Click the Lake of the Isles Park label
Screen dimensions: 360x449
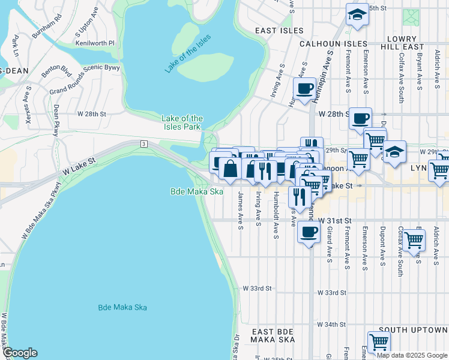(x=182, y=122)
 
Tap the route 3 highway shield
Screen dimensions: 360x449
(x=143, y=143)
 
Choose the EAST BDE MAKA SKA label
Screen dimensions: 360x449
(x=273, y=335)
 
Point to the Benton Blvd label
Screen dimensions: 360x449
(x=56, y=67)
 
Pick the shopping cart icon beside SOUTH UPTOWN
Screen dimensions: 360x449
(x=379, y=343)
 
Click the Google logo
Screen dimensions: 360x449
(x=20, y=353)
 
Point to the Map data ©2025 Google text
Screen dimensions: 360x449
(x=411, y=355)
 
